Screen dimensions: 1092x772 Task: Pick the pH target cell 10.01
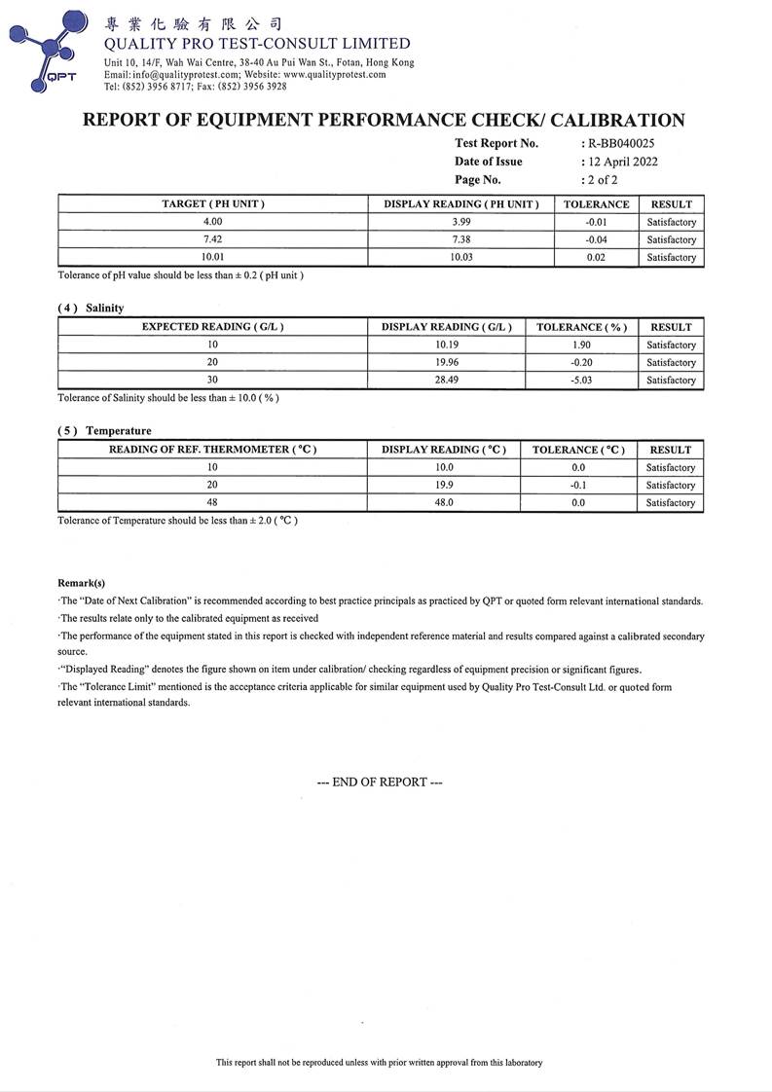(x=213, y=257)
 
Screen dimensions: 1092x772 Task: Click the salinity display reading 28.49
(x=447, y=380)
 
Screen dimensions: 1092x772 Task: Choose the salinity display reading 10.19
(x=447, y=345)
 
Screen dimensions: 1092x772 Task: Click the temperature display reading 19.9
(x=444, y=485)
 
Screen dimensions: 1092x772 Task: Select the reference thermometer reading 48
(x=212, y=502)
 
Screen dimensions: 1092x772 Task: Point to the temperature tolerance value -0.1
(x=578, y=485)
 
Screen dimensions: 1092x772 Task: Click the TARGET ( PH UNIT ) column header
(x=213, y=204)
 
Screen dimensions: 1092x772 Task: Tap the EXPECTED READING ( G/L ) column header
(x=213, y=327)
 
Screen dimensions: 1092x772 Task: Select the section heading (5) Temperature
(x=104, y=430)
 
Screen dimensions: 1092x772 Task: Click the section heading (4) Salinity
(x=92, y=308)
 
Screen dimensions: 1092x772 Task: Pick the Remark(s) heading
(x=82, y=583)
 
